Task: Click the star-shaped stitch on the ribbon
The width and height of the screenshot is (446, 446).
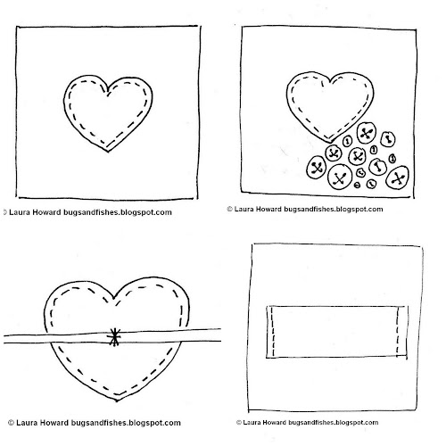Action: click(114, 337)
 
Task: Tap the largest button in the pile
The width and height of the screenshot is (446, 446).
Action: click(339, 178)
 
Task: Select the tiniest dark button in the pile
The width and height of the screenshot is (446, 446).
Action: click(357, 186)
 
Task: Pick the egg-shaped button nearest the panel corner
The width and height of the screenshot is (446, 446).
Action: click(397, 178)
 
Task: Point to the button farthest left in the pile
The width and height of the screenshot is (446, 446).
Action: click(317, 168)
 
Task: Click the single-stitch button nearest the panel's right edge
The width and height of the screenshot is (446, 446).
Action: click(388, 139)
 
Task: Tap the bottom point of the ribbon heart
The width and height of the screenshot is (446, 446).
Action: click(117, 401)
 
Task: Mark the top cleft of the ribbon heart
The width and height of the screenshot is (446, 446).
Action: click(113, 298)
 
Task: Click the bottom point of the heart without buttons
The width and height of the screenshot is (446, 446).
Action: click(108, 152)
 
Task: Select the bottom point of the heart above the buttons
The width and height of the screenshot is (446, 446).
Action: click(328, 142)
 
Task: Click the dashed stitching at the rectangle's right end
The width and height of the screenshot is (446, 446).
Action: click(398, 331)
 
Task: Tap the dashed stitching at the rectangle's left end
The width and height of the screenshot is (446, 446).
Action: click(273, 332)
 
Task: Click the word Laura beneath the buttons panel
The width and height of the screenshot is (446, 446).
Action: click(243, 209)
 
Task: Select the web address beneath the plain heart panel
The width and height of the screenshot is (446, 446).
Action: click(118, 212)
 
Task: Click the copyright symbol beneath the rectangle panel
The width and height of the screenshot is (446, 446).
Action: click(239, 423)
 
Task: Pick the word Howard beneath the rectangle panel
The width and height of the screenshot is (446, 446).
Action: click(272, 423)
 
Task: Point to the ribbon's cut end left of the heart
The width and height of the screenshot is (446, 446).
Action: click(4, 339)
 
